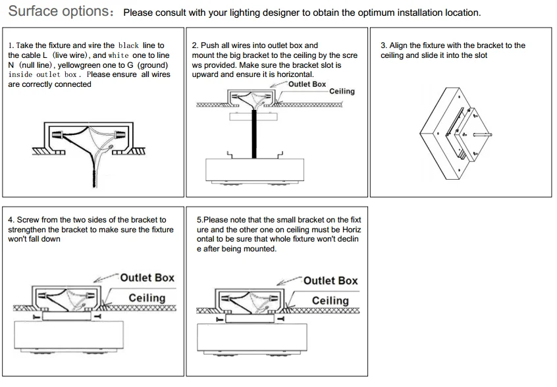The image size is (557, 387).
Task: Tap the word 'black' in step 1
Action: [128, 45]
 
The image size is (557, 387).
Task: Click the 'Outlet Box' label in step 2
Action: [307, 84]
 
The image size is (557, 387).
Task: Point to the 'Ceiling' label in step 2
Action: [342, 91]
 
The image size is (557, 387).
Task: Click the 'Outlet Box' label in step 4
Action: [147, 278]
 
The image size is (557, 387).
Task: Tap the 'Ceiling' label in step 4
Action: [147, 298]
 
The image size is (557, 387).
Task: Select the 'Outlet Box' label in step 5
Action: [331, 280]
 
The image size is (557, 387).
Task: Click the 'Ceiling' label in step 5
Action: [330, 301]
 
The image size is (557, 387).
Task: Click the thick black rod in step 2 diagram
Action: [255, 134]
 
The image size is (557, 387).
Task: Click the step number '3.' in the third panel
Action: [384, 45]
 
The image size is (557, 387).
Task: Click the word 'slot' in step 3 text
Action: [481, 55]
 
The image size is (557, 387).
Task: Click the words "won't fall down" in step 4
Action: [34, 239]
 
